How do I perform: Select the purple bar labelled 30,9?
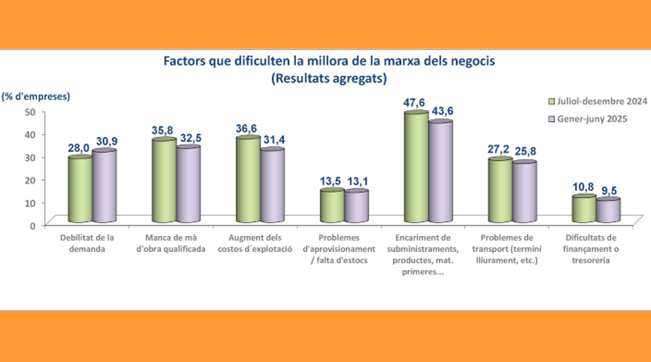pyautogui.click(x=104, y=185)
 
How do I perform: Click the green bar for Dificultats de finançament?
pyautogui.click(x=583, y=209)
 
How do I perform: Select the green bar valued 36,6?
pyautogui.click(x=248, y=178)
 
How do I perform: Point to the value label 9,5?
pyautogui.click(x=608, y=190)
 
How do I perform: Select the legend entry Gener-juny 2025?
pyautogui.click(x=585, y=119)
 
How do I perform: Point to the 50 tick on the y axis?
pyautogui.click(x=30, y=111)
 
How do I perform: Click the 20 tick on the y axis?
pyautogui.click(x=30, y=180)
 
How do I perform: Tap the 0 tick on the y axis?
pyautogui.click(x=33, y=225)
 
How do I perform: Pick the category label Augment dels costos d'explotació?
pyautogui.click(x=260, y=243)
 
